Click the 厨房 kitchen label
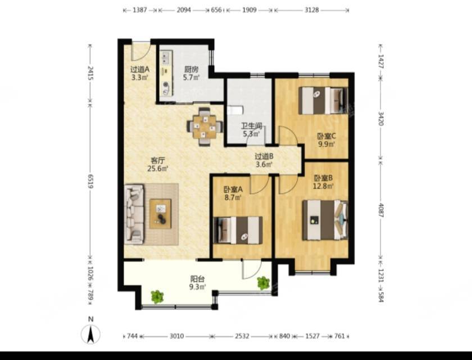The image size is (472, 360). (x=191, y=69)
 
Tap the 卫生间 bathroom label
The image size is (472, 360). (x=251, y=125)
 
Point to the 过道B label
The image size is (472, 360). (x=264, y=156)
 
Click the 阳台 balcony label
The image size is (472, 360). (x=197, y=279)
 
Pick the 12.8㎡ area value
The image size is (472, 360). (x=324, y=186)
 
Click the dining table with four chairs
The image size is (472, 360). (x=205, y=127)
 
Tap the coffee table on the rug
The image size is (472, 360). (x=161, y=214)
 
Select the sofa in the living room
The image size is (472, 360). (x=134, y=214)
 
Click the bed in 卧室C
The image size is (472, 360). (x=323, y=101)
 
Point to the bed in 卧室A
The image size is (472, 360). (x=238, y=230)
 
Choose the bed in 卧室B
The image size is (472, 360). (x=325, y=220)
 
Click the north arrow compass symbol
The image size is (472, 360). (x=90, y=334)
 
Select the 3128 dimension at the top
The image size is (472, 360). (x=311, y=10)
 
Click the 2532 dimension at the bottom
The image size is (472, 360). (x=242, y=336)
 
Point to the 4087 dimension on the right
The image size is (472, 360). (x=381, y=210)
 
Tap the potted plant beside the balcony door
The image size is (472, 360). (x=263, y=283)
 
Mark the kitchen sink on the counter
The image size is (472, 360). (x=165, y=58)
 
